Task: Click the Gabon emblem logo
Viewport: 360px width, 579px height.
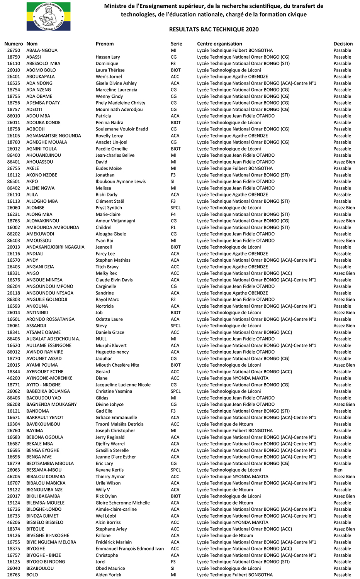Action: (x=48, y=17)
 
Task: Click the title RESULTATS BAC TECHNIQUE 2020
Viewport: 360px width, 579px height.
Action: (x=214, y=29)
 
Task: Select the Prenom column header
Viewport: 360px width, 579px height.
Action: (x=105, y=44)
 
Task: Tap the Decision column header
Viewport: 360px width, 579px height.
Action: (x=343, y=44)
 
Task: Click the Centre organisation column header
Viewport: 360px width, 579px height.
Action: (x=219, y=44)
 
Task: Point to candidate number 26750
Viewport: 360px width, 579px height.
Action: (x=14, y=50)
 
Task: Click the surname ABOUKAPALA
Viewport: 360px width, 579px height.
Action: (x=41, y=76)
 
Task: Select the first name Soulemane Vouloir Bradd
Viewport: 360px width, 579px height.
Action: (x=122, y=129)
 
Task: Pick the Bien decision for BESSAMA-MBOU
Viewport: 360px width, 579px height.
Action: (x=338, y=470)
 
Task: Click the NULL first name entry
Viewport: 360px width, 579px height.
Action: (x=101, y=339)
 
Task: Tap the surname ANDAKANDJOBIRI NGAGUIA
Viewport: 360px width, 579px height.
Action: (x=55, y=247)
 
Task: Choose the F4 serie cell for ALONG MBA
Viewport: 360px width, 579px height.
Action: (x=173, y=214)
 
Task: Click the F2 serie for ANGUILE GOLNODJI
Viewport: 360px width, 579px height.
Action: (x=173, y=300)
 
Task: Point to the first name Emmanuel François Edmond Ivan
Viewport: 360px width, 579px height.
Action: (x=130, y=549)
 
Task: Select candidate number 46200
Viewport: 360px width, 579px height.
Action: (x=14, y=378)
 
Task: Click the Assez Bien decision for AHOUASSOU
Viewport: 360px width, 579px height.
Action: (x=344, y=162)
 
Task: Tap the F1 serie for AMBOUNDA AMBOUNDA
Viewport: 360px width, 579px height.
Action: (x=173, y=227)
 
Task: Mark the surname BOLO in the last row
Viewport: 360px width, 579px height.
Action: (x=32, y=575)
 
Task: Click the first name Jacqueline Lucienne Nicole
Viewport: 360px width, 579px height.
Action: (x=123, y=384)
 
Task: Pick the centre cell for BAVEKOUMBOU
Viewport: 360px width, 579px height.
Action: (x=225, y=424)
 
